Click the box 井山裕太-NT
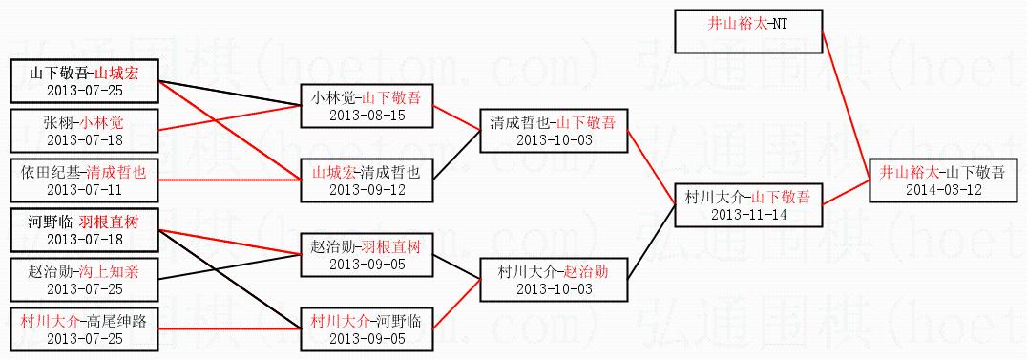click(x=748, y=32)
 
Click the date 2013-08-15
click(x=367, y=116)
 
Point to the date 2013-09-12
click(x=367, y=190)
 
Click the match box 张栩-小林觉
click(x=85, y=131)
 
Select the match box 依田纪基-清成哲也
click(x=85, y=180)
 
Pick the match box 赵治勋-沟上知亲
click(x=85, y=279)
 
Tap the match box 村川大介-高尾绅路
click(x=85, y=328)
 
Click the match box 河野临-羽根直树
click(x=85, y=229)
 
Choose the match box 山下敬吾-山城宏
click(x=85, y=80)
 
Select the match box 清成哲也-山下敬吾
click(x=554, y=131)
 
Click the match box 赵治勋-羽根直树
click(x=367, y=254)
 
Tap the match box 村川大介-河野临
click(x=367, y=328)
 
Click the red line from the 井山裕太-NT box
click(x=846, y=106)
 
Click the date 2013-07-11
click(x=85, y=189)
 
